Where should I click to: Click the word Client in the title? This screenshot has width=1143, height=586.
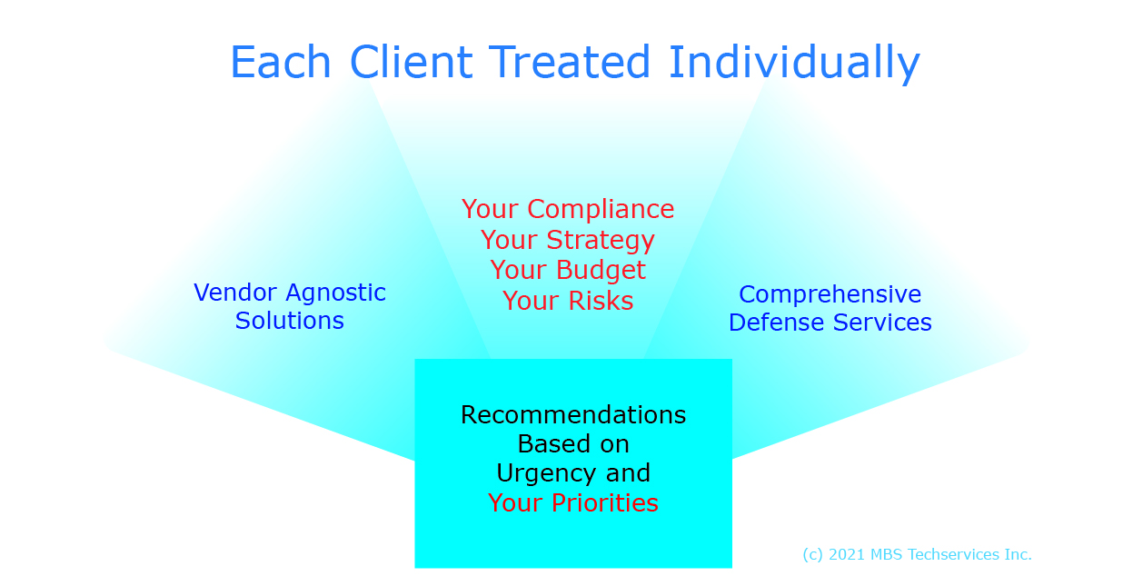coord(412,62)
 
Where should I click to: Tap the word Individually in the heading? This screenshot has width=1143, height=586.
coord(794,64)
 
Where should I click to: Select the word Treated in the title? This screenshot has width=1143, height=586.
coord(570,62)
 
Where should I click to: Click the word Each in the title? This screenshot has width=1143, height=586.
coord(281,62)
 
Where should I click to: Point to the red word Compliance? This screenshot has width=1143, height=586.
coord(601,210)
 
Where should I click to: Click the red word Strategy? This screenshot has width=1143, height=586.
coord(601,241)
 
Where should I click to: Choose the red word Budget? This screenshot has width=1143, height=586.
coord(601,271)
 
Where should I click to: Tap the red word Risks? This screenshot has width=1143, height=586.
coord(601,301)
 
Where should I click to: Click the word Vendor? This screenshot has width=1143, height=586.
coord(235,293)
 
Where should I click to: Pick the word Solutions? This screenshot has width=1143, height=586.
coord(290,321)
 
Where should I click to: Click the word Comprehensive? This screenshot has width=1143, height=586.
coord(830,295)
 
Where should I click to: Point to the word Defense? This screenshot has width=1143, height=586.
coord(777,323)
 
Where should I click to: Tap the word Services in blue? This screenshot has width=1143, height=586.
coord(882,323)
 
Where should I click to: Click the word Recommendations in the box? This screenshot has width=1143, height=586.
coord(573,414)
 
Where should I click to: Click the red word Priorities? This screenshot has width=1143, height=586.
coord(605,502)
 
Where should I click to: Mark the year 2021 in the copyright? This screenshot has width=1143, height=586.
coord(846,554)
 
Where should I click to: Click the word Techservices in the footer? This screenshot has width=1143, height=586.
coord(954,554)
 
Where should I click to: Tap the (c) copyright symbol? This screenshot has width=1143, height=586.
coord(813,555)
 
